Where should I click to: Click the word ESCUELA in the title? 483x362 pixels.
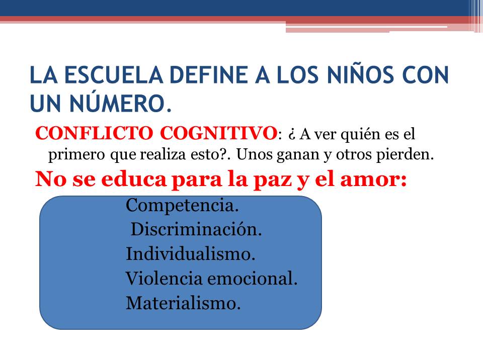tap(113, 75)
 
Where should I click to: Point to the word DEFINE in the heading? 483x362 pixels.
tap(209, 75)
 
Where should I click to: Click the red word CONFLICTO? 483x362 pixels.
tap(94, 133)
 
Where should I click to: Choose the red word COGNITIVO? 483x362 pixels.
tap(218, 133)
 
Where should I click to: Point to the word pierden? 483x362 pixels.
tap(405, 154)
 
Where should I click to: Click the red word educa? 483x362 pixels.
tap(134, 179)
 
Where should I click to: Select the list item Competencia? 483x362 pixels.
tap(182, 206)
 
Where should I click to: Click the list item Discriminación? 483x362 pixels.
tap(196, 229)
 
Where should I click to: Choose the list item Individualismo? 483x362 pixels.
tap(190, 254)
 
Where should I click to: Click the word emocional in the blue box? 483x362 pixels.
tap(252, 279)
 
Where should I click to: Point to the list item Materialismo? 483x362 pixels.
tap(183, 303)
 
